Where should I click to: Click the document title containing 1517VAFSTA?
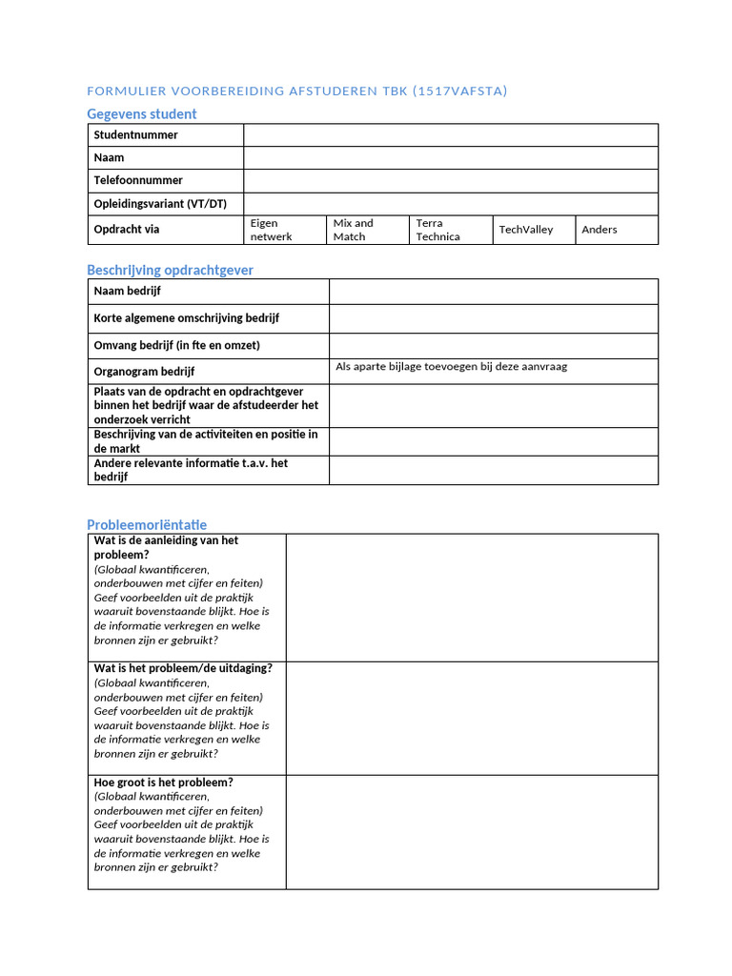pyautogui.click(x=296, y=91)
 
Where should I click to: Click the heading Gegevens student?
pyautogui.click(x=142, y=113)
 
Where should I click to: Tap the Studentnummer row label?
pyautogui.click(x=135, y=135)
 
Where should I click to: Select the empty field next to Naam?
pyautogui.click(x=450, y=158)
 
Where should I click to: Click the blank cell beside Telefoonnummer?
pyautogui.click(x=450, y=181)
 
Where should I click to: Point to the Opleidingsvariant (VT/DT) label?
pyautogui.click(x=160, y=204)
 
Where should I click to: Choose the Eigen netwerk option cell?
pyautogui.click(x=284, y=230)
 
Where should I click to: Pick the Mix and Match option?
pyautogui.click(x=367, y=230)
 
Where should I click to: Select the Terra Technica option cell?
pyautogui.click(x=450, y=230)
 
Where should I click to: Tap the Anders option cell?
pyautogui.click(x=616, y=230)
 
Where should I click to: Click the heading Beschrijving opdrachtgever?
pyautogui.click(x=171, y=270)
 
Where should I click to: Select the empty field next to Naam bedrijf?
pyautogui.click(x=493, y=292)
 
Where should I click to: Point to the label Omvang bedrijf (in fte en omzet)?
pyautogui.click(x=176, y=345)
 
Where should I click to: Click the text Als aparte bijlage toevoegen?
pyautogui.click(x=451, y=367)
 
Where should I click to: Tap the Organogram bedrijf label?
pyautogui.click(x=144, y=372)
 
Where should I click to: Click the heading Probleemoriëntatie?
pyautogui.click(x=147, y=524)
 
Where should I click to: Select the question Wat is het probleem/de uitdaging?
pyautogui.click(x=183, y=668)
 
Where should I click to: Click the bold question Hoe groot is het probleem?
pyautogui.click(x=163, y=783)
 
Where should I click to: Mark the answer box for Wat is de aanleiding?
pyautogui.click(x=472, y=597)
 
